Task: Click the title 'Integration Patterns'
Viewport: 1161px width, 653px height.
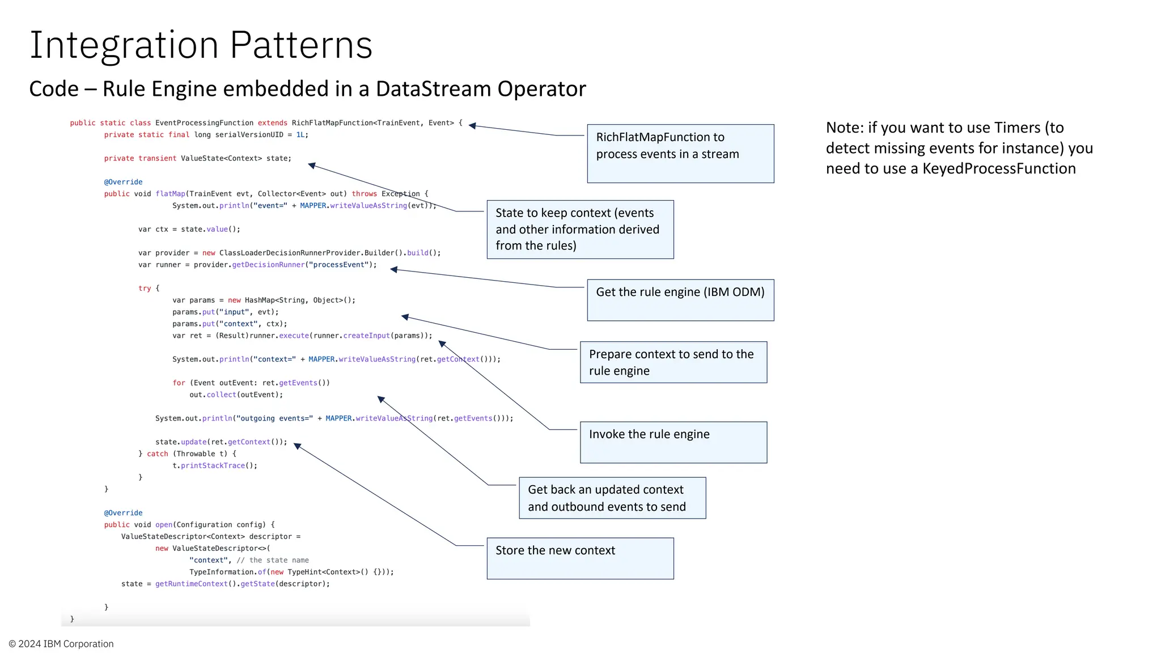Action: coord(201,45)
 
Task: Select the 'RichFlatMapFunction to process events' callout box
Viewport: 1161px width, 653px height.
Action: coord(680,154)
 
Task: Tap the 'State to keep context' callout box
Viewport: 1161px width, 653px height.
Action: coord(580,230)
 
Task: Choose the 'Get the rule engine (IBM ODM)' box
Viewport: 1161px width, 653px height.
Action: coord(680,300)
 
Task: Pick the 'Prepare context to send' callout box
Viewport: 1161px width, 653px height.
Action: coord(673,362)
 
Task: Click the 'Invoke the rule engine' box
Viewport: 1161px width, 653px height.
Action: coord(673,442)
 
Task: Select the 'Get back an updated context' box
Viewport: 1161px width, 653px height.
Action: coord(612,498)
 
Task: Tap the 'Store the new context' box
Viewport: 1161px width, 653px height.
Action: coord(580,558)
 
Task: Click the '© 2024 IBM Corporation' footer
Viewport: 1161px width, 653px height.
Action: coord(61,644)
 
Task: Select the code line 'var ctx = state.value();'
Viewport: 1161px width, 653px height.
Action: coord(189,230)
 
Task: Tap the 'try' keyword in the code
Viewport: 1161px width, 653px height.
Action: coord(145,289)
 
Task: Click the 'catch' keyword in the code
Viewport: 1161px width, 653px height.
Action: coord(158,454)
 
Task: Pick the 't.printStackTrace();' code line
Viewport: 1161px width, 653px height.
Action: coord(215,466)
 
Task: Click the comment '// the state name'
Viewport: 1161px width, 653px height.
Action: coord(273,561)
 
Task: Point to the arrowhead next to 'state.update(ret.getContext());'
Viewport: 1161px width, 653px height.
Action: coord(298,447)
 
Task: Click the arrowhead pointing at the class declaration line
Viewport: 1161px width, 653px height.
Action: coord(472,126)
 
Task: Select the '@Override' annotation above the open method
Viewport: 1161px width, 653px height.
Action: coord(123,513)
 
